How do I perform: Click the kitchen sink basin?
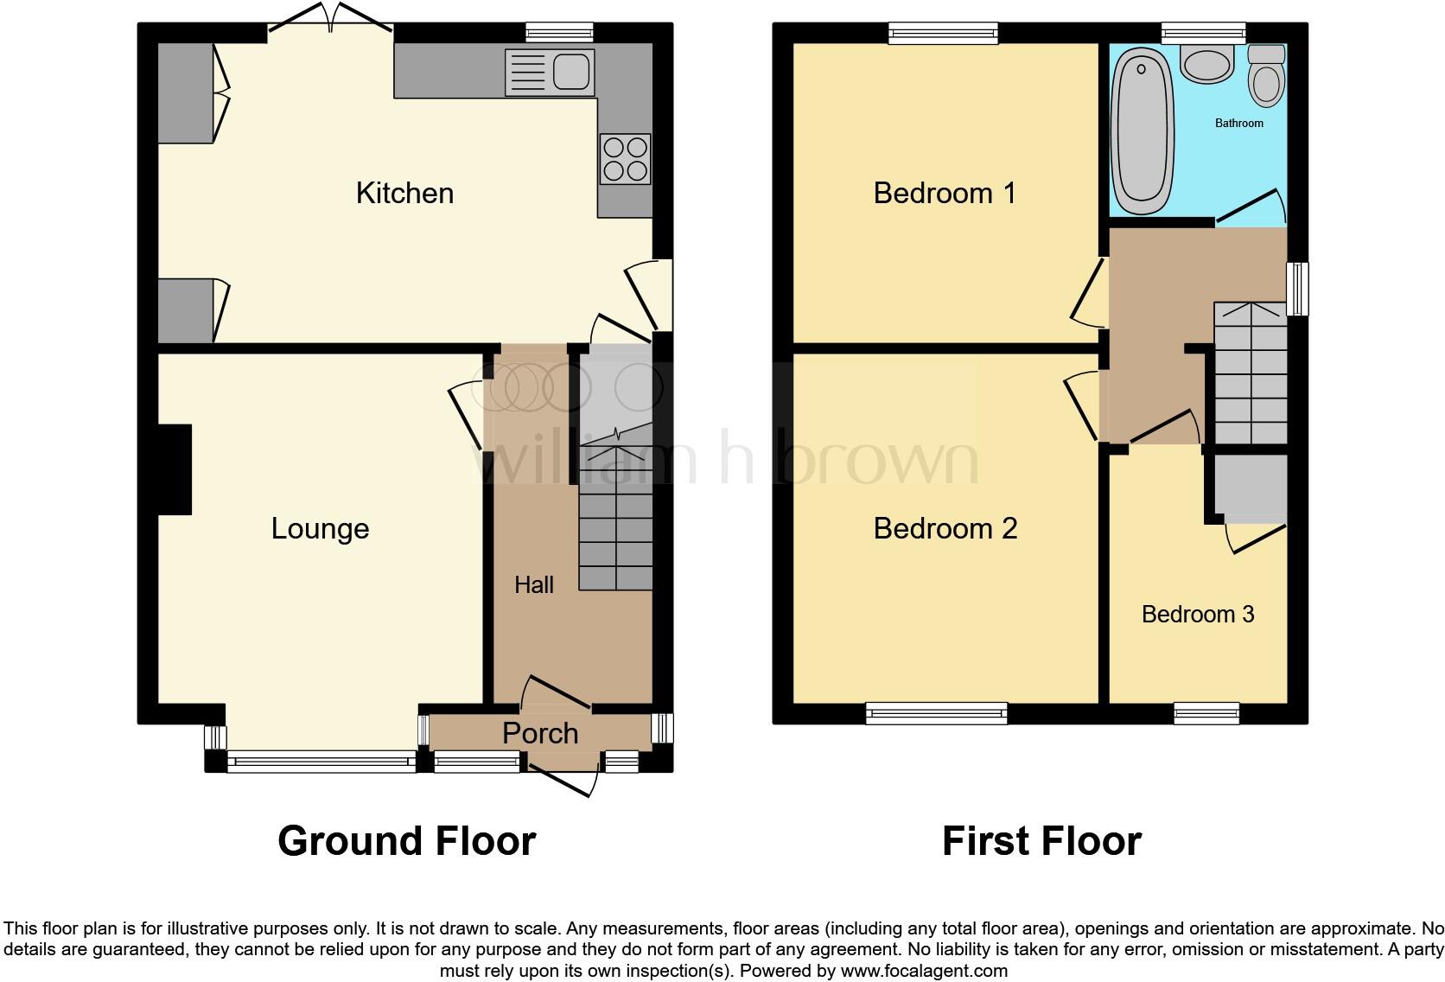(570, 70)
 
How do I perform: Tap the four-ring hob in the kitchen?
(625, 159)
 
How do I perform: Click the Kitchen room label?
(404, 193)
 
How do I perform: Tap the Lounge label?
(320, 528)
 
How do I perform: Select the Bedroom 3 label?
(1197, 614)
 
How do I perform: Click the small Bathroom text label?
(1238, 124)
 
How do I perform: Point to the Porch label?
(540, 733)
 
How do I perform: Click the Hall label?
(533, 585)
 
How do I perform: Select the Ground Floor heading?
(406, 840)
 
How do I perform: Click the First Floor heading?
(1041, 840)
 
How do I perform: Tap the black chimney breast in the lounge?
(175, 469)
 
